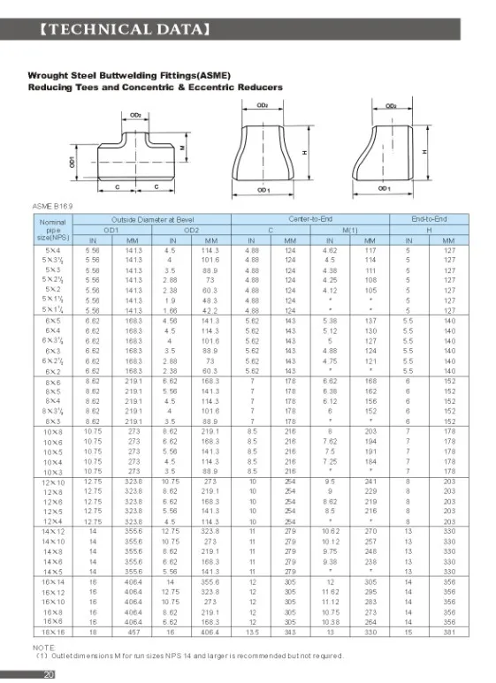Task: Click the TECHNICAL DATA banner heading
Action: click(124, 28)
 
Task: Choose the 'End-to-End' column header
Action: click(430, 218)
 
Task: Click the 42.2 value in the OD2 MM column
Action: click(209, 311)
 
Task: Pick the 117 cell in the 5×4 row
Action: click(370, 251)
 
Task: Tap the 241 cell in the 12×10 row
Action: click(370, 482)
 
